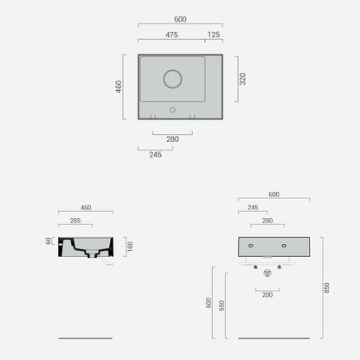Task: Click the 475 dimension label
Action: [171, 35]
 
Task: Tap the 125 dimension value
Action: [214, 35]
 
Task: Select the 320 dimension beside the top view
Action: [242, 79]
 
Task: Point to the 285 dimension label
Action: [75, 221]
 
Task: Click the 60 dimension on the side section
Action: [48, 241]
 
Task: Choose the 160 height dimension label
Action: [130, 247]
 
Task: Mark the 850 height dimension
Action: [326, 287]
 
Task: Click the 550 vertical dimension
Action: [222, 305]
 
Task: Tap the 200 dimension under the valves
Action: [267, 295]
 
